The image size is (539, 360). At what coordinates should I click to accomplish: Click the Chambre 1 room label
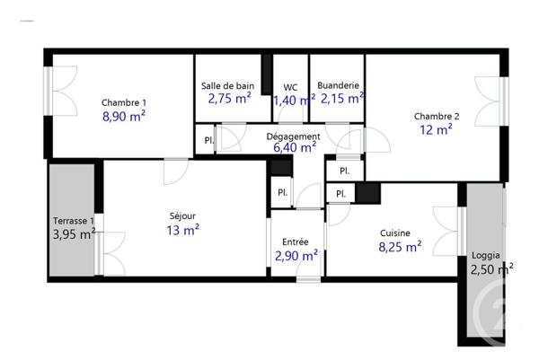click(124, 102)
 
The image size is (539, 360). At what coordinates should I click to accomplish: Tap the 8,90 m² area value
click(124, 117)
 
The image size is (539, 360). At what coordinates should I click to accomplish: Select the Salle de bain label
click(228, 86)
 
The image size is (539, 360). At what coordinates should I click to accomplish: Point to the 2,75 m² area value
click(229, 100)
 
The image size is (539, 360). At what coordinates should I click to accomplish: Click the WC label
click(290, 87)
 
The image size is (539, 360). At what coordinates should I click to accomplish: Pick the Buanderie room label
click(339, 86)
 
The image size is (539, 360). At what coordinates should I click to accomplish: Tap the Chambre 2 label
click(437, 116)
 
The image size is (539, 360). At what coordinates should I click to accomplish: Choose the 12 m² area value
click(437, 130)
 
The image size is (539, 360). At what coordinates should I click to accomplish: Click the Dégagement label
click(294, 136)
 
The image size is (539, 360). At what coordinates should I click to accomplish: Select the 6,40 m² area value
click(294, 148)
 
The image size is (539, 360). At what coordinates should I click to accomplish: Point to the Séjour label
click(182, 216)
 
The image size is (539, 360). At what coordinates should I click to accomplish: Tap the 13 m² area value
click(182, 231)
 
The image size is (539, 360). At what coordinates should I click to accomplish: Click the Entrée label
click(296, 241)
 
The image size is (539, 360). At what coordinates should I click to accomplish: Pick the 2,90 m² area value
click(296, 256)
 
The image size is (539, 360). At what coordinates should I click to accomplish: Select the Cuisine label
click(395, 231)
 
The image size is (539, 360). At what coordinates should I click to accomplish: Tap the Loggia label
click(485, 255)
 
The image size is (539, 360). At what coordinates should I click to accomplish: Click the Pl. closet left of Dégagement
click(208, 141)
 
